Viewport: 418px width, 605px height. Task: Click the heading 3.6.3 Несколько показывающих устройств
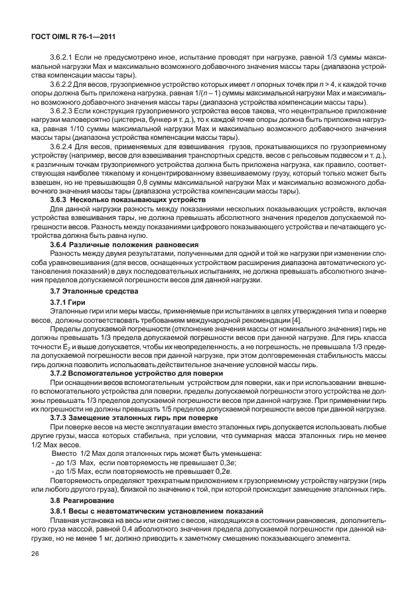(129, 199)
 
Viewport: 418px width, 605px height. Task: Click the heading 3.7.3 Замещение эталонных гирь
(133, 418)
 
